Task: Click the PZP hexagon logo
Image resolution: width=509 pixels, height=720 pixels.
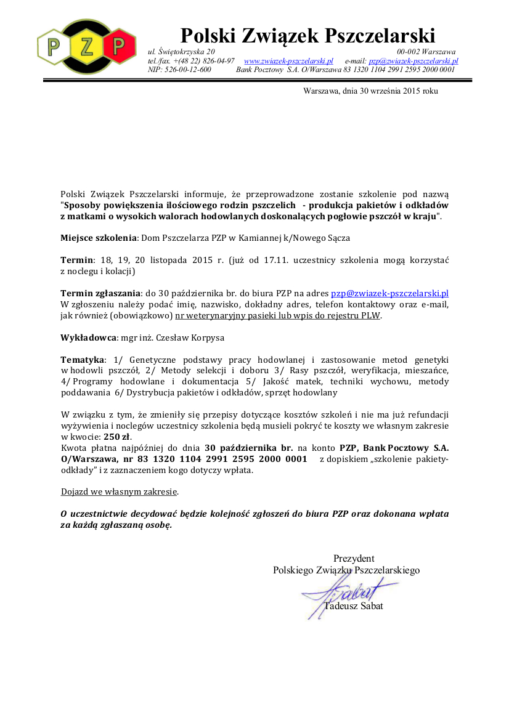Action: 86,47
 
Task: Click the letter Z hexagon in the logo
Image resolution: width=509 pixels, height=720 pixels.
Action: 87,47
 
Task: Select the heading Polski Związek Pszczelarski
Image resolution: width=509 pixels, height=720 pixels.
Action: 307,35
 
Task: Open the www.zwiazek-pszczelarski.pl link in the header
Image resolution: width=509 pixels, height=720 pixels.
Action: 288,61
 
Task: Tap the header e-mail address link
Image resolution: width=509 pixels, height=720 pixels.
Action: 413,61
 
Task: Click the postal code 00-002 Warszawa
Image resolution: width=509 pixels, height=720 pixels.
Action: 426,52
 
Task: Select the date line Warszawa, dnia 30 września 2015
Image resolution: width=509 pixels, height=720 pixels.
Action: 370,91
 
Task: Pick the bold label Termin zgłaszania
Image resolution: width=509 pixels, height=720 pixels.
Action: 101,293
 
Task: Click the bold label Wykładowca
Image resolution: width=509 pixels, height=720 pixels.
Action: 88,338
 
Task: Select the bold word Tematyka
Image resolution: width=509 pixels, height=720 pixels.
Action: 83,359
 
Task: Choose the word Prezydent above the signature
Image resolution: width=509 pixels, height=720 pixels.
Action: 354,559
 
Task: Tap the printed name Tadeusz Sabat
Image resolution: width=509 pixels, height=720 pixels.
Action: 354,605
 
